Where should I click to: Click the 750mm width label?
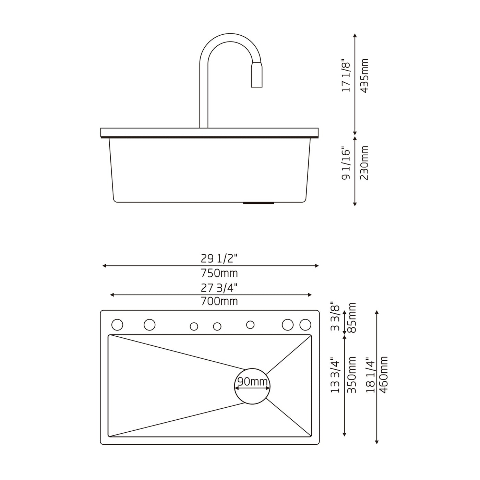[219, 273]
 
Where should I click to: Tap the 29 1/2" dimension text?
[219, 259]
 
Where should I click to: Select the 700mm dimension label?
[219, 301]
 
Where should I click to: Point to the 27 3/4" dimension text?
[219, 288]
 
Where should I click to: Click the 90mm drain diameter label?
[252, 381]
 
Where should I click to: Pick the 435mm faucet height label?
[364, 76]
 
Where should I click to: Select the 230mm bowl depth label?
[364, 163]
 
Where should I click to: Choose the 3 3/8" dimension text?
[335, 316]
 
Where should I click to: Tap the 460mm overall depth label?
[384, 375]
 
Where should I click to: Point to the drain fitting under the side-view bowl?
[259, 203]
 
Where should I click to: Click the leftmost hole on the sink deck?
[117, 325]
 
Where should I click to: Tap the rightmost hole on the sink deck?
[305, 325]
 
